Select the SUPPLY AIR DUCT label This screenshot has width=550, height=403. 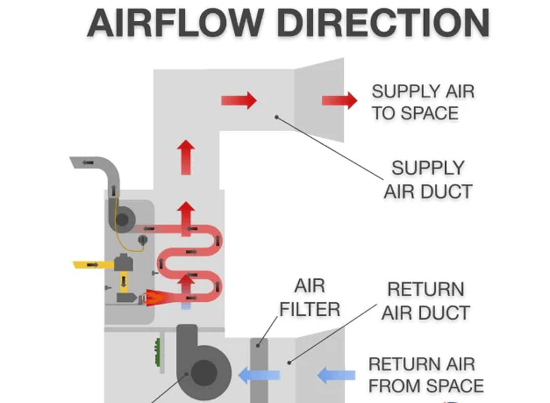click(427, 179)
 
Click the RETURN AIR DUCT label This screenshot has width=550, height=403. click(425, 300)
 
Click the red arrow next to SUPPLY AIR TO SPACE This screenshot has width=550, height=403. click(339, 100)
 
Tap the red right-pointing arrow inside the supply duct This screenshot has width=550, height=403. click(239, 100)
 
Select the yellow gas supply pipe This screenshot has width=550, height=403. click(92, 263)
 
